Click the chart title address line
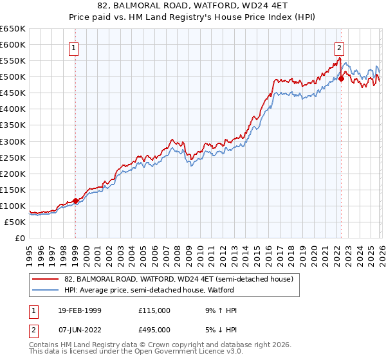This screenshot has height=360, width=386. click(193, 6)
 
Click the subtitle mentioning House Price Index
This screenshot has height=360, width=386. click(193, 18)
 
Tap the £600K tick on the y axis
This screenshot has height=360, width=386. click(13, 45)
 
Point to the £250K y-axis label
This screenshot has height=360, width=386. click(13, 157)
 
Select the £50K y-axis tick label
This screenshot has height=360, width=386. click(15, 222)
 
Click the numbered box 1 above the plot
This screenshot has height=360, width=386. click(75, 48)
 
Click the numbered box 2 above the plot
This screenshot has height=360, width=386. click(339, 47)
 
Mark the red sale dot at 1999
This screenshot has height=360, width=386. click(75, 201)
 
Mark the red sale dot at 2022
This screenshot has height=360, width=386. click(341, 79)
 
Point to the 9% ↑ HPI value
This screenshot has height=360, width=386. click(219, 310)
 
